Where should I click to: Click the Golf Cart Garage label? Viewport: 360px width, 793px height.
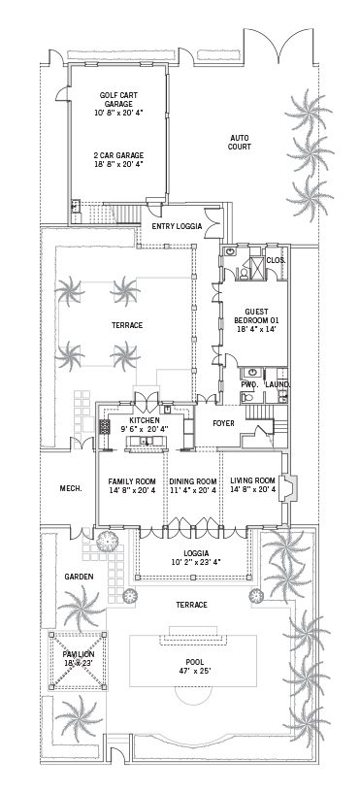[x=118, y=99]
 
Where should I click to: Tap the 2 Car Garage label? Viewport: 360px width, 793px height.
[x=118, y=155]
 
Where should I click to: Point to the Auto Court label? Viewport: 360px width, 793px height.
[x=241, y=142]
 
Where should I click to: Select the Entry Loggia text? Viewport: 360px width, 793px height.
[x=177, y=226]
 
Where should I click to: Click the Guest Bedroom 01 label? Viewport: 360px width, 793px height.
[x=256, y=316]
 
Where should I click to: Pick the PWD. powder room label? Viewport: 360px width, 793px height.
[x=249, y=385]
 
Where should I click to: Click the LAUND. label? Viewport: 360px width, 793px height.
[x=278, y=385]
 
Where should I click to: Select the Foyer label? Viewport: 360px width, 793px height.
[x=223, y=423]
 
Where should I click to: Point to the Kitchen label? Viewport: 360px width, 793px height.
[x=145, y=420]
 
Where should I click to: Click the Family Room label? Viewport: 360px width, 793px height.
[x=132, y=481]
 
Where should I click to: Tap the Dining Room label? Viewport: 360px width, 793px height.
[x=193, y=481]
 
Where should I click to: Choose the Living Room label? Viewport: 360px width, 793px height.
[x=253, y=480]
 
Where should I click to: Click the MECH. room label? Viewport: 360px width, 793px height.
[x=70, y=488]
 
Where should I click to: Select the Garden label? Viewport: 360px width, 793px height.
[x=79, y=576]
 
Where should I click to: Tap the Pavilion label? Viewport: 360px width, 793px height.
[x=79, y=653]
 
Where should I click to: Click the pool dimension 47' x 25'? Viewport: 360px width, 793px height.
[x=194, y=671]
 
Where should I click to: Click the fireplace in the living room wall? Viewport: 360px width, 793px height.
[x=288, y=487]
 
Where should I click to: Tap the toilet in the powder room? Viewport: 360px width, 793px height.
[x=246, y=397]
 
